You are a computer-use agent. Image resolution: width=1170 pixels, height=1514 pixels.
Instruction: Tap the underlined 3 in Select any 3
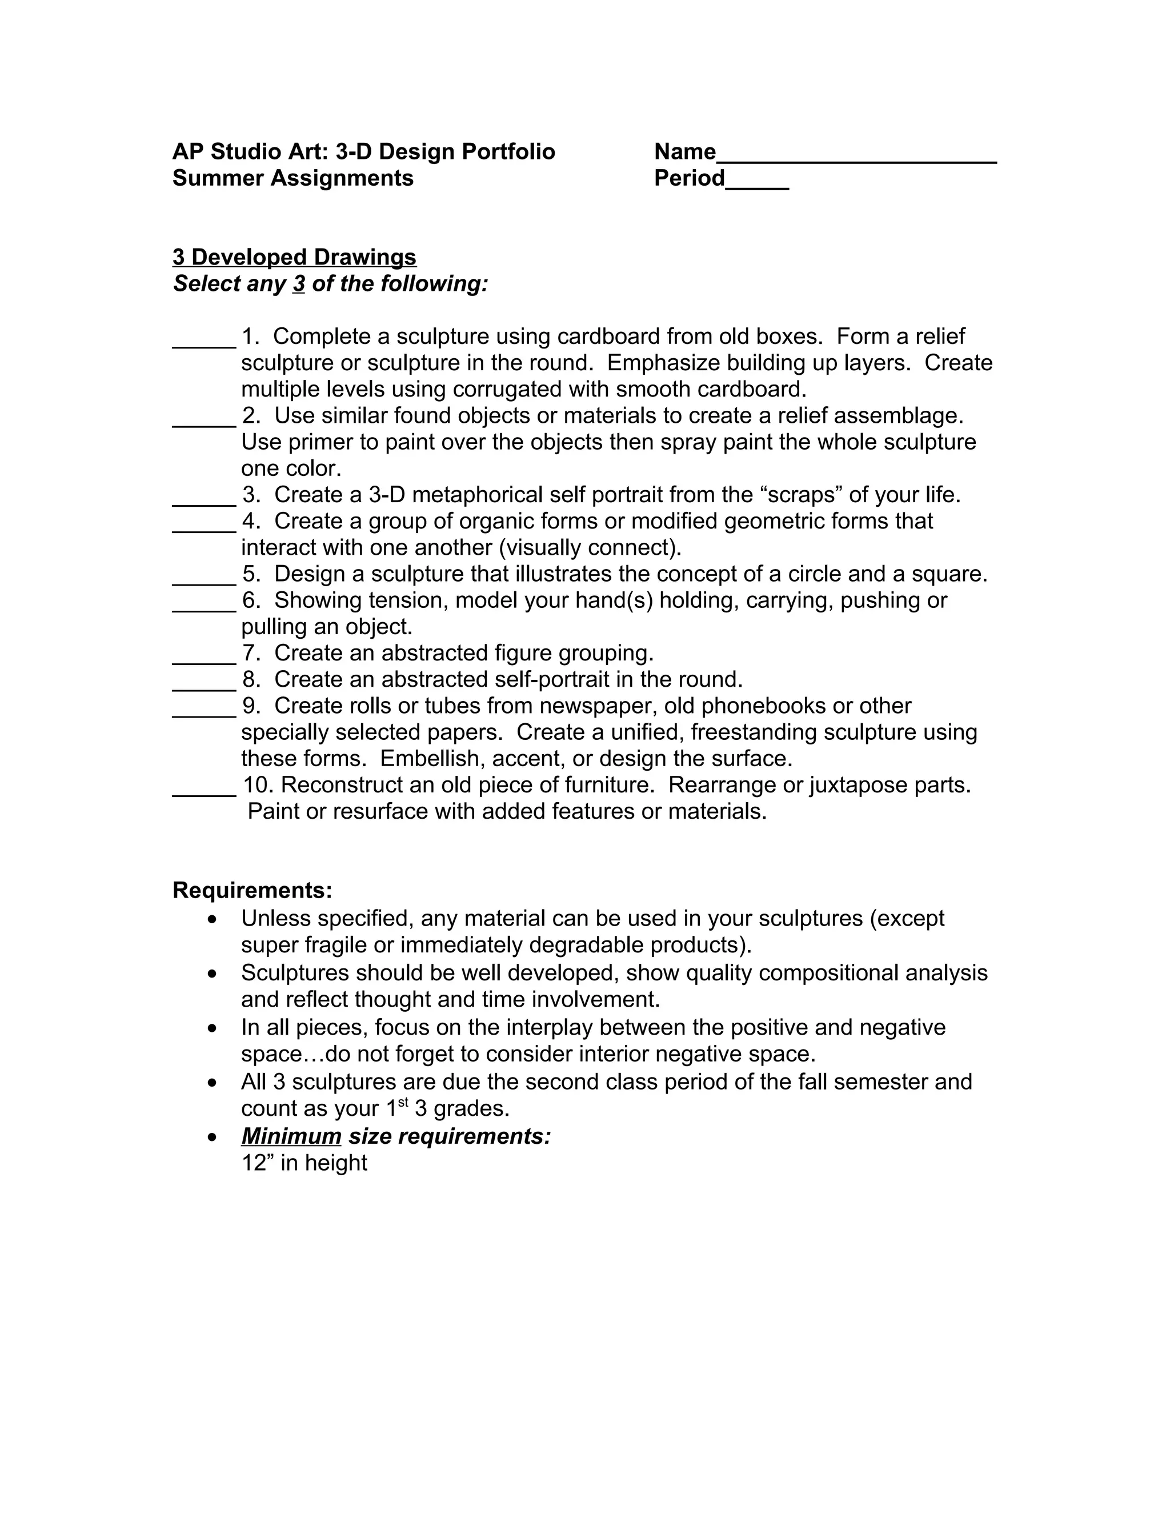coord(299,284)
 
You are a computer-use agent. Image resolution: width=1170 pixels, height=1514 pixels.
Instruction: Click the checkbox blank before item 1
coord(204,345)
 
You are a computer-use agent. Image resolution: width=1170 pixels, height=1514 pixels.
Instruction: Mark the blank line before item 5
coord(204,582)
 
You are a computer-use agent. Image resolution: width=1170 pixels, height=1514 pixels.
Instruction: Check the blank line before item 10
coord(204,793)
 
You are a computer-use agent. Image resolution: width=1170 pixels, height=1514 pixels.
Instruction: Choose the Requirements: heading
coord(253,890)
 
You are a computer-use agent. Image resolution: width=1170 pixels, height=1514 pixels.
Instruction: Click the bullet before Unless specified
coord(213,919)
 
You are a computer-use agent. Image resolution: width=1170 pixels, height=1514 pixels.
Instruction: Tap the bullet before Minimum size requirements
coord(213,1137)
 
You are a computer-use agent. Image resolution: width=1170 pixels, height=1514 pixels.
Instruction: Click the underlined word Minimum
coord(291,1136)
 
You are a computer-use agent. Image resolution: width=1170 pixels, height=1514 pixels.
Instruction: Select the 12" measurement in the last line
coord(257,1163)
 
